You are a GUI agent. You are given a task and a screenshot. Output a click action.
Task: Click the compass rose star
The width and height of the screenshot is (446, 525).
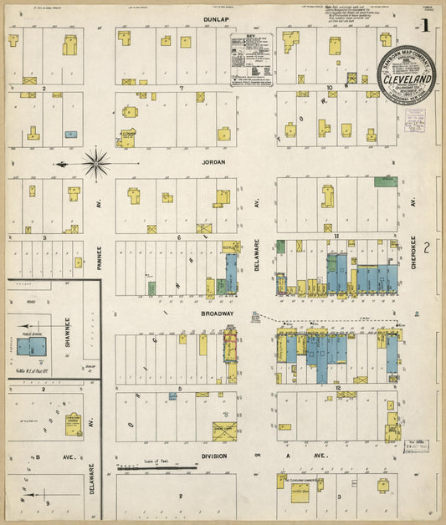97,163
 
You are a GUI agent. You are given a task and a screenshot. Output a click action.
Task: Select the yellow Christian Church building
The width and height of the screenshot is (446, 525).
73,420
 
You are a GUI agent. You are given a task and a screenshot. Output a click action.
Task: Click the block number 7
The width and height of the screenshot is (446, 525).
180,87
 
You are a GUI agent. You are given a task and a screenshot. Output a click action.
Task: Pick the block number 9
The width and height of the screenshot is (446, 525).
49,503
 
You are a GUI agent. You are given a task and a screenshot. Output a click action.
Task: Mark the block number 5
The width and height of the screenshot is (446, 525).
180,389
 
